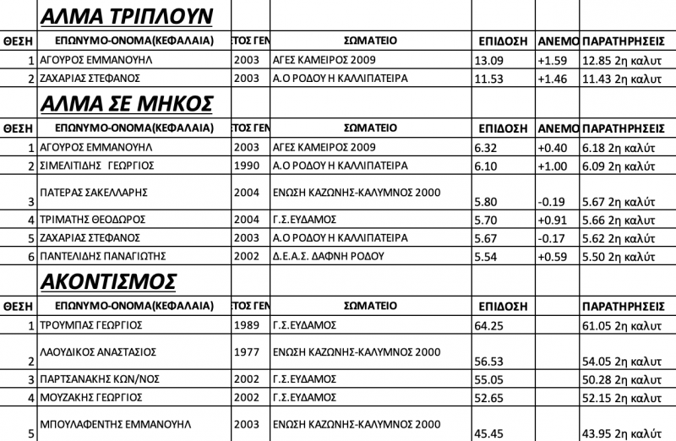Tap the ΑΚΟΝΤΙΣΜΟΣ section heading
click(x=108, y=279)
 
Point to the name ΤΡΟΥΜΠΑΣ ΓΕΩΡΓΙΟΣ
click(x=95, y=325)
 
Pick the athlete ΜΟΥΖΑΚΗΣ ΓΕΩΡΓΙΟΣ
click(x=95, y=396)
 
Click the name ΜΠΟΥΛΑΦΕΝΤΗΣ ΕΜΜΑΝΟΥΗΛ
click(x=117, y=422)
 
